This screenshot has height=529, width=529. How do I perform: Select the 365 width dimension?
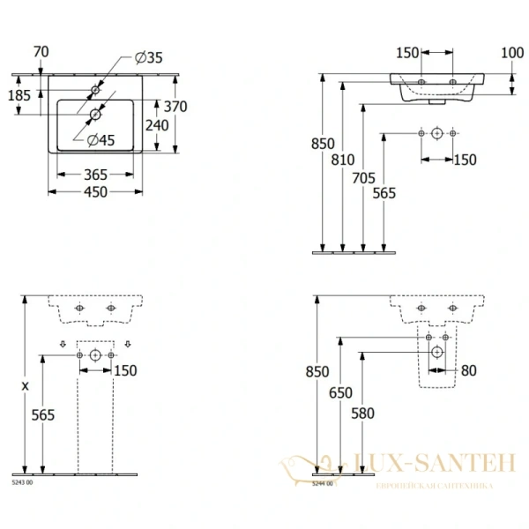95,175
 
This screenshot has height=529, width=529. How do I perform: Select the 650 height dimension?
341,393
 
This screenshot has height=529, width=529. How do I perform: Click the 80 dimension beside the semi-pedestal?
468,371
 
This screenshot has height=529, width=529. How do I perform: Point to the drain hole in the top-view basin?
95,113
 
